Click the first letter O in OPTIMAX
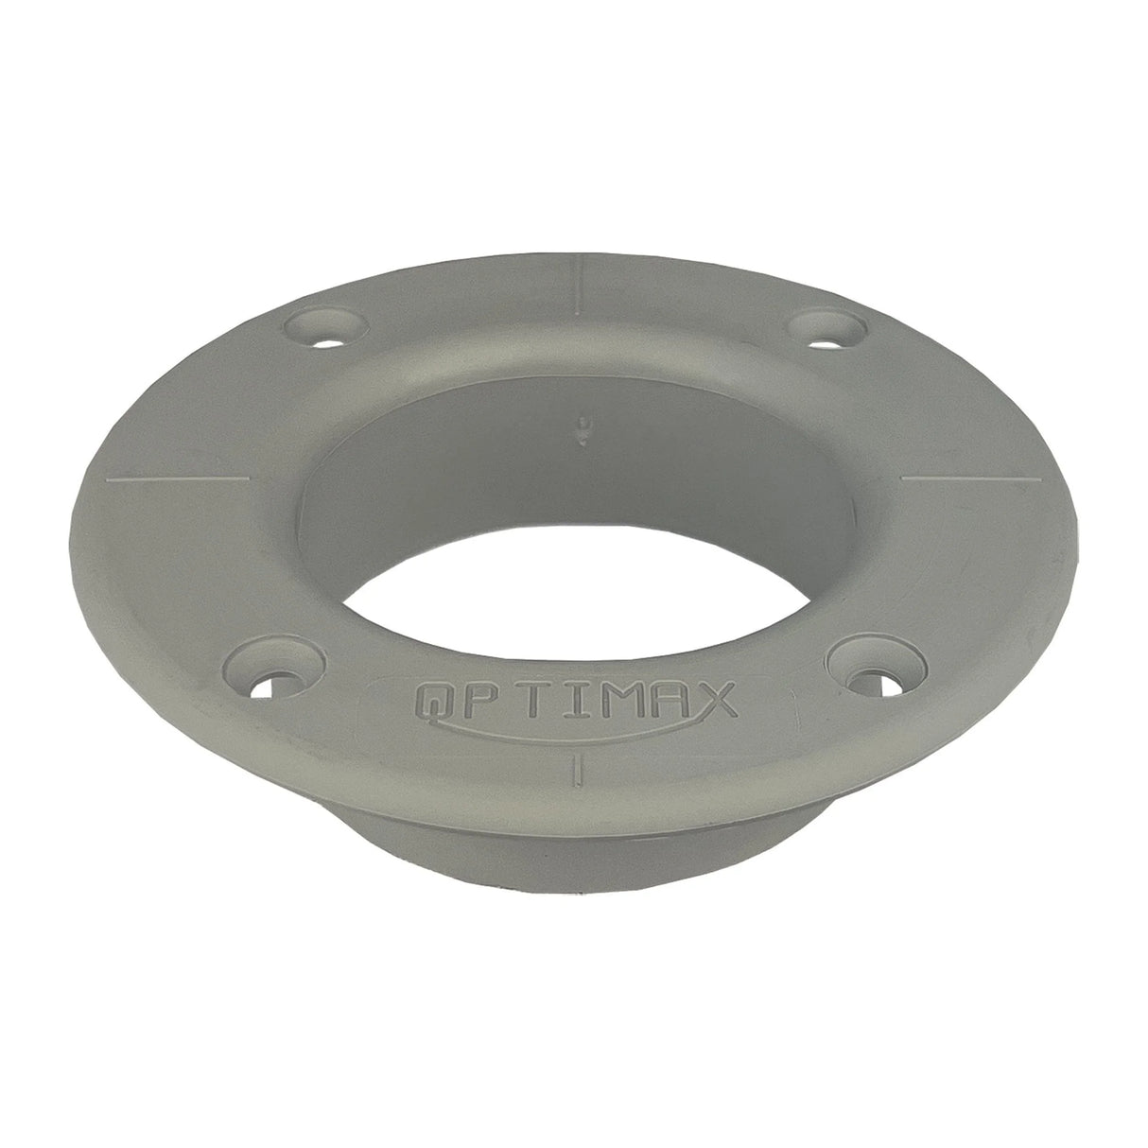pos(434,704)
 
